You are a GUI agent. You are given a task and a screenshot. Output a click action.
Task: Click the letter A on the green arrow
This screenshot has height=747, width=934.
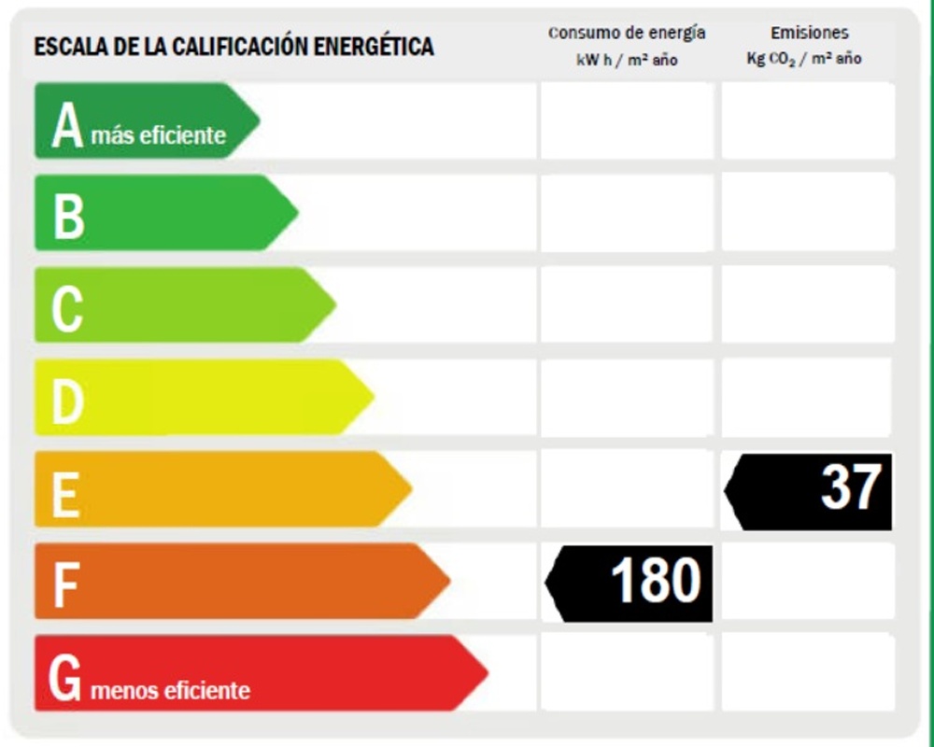tap(68, 125)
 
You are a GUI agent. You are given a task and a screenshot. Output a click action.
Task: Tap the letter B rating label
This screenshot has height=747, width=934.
tap(68, 215)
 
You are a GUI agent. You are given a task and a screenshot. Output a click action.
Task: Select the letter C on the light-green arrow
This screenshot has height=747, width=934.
tap(66, 307)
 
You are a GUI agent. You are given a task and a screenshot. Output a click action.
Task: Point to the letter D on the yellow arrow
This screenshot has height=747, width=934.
tap(67, 400)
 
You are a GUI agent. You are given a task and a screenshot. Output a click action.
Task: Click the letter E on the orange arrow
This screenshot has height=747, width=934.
tap(64, 492)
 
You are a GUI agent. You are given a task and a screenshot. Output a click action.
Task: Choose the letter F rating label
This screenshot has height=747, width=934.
tap(64, 584)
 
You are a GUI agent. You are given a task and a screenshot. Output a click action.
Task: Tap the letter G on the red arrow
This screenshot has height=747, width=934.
tap(65, 677)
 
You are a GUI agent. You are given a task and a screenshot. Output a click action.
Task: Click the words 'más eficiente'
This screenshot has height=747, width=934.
tap(159, 135)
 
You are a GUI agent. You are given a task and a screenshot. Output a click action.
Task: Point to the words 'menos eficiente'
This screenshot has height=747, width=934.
tap(171, 691)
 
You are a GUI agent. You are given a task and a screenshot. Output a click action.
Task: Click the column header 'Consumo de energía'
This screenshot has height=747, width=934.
tap(627, 33)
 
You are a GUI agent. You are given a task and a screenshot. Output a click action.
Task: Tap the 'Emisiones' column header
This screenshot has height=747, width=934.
tap(809, 33)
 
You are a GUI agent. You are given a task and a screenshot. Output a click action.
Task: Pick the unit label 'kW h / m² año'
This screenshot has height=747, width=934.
tap(627, 60)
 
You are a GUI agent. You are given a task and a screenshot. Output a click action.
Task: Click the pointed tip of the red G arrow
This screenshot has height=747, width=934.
tap(486, 672)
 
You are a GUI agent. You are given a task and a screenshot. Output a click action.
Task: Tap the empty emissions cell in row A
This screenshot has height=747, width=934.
tap(808, 120)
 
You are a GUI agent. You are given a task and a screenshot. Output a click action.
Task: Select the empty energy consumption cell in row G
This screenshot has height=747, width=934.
tap(627, 672)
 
